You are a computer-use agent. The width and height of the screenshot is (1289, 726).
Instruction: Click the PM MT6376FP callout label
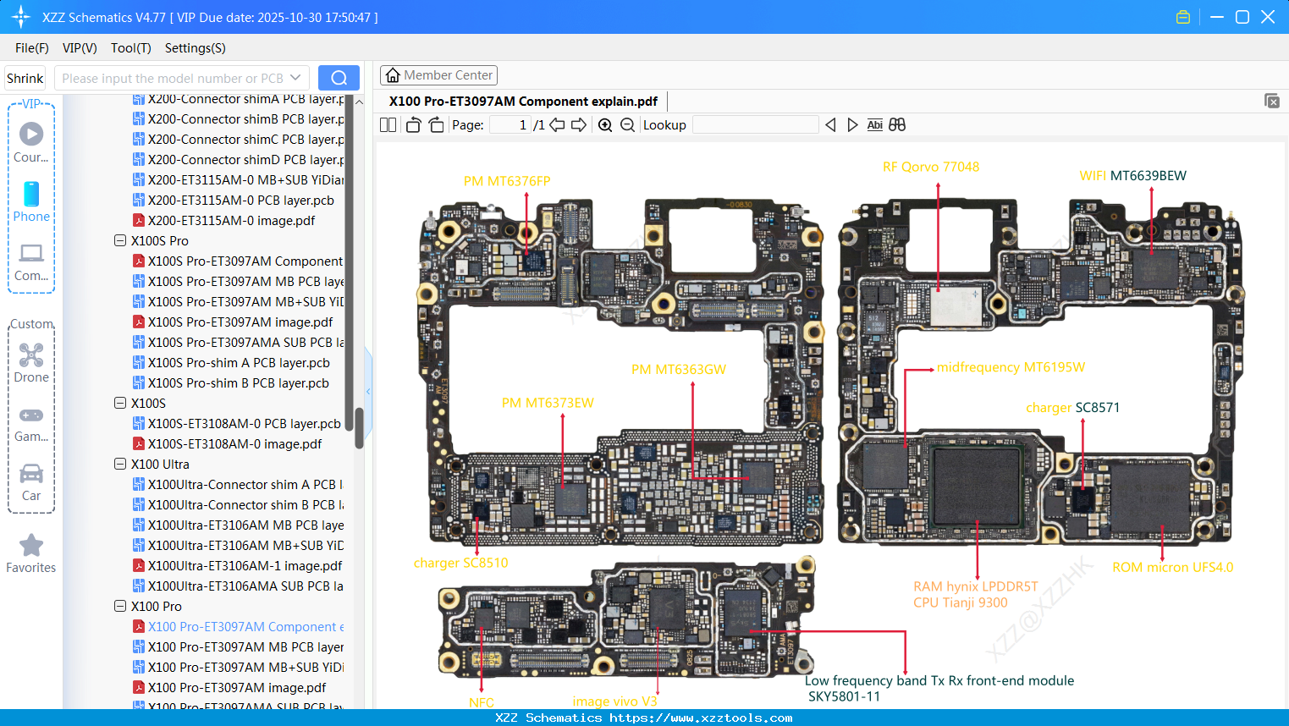(506, 181)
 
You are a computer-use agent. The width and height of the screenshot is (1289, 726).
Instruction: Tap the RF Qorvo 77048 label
(930, 167)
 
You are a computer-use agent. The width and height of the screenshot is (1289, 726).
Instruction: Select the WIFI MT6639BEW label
(1132, 176)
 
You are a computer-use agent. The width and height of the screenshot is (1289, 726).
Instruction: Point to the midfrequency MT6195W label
(1010, 367)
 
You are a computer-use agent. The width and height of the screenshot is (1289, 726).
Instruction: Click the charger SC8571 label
(1072, 408)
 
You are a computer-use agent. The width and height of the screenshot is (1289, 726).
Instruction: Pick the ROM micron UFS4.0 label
(1172, 567)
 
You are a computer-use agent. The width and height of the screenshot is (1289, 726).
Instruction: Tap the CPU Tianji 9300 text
(960, 602)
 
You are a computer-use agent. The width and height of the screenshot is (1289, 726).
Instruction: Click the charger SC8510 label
(460, 563)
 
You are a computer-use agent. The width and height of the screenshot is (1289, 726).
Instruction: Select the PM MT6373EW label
(548, 403)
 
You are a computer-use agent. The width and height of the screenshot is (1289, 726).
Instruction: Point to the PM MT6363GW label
(678, 370)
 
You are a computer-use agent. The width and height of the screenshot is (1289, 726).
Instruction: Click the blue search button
(339, 78)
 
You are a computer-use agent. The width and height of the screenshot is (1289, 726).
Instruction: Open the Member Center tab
(438, 75)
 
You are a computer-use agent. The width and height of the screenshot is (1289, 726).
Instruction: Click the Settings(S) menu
(195, 48)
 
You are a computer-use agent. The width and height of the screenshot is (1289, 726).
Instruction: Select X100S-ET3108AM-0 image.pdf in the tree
(234, 444)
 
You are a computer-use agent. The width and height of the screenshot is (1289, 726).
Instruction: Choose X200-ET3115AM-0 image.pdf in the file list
(231, 221)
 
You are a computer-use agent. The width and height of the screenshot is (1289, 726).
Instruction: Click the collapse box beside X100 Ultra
(120, 464)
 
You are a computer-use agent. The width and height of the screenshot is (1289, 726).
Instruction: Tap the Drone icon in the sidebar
(31, 355)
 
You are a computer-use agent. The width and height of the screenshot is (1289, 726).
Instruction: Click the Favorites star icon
(31, 546)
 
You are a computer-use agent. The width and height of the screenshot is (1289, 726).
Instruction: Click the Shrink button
(25, 79)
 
